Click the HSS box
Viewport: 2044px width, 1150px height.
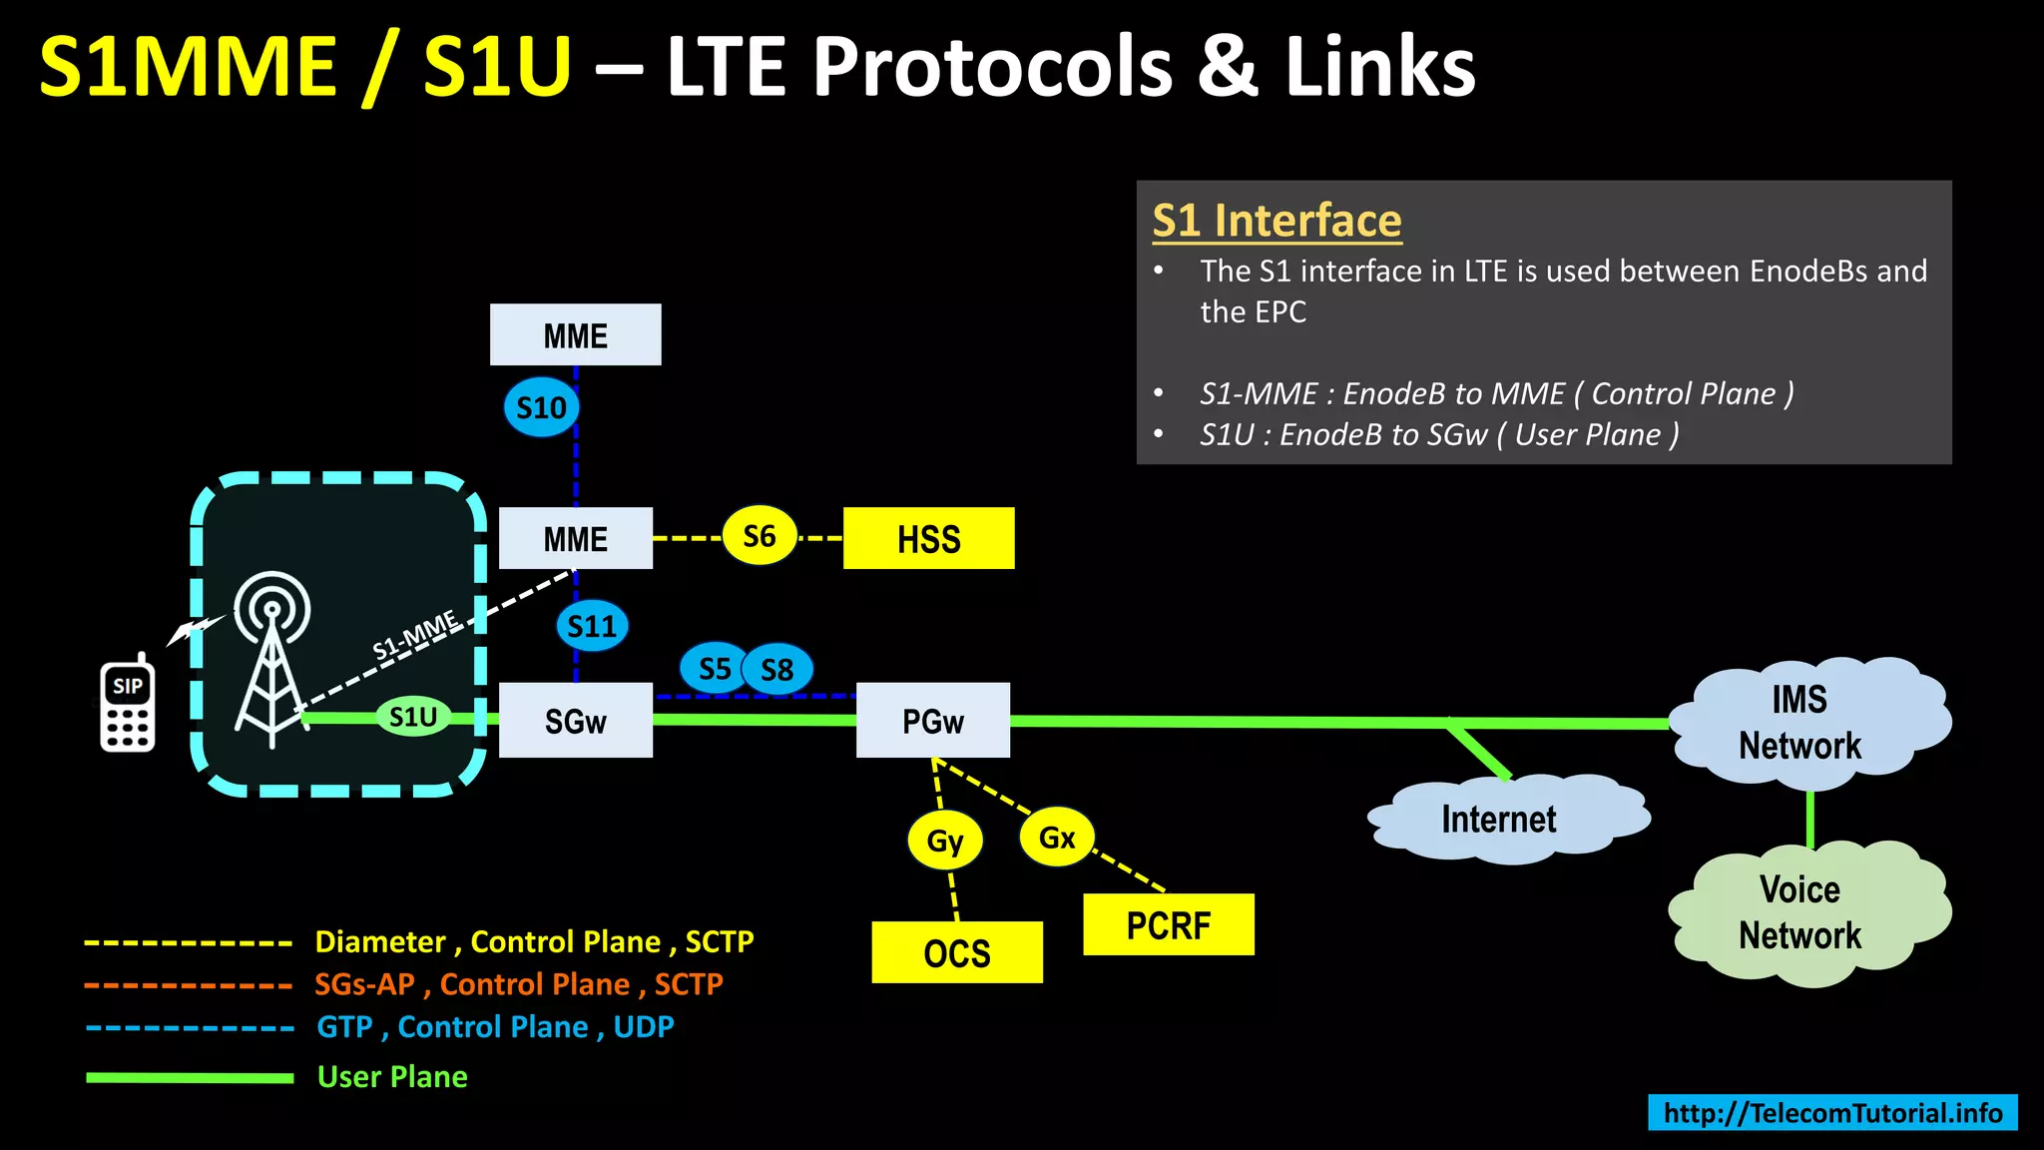point(928,538)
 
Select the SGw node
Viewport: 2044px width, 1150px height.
point(576,721)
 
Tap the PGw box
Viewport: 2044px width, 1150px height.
point(933,721)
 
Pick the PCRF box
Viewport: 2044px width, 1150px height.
point(1169,924)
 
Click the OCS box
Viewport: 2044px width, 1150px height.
point(957,952)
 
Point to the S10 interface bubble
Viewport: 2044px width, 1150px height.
point(541,407)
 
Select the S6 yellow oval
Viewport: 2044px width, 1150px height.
point(760,536)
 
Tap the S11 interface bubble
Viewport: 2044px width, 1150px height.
point(592,626)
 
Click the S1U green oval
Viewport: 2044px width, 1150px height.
point(413,716)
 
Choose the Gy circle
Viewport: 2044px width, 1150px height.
point(945,841)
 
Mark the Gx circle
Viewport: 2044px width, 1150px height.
point(1057,837)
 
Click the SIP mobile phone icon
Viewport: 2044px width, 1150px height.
point(128,706)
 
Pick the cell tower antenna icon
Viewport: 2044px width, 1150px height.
point(270,659)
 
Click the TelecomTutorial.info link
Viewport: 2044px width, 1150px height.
point(1832,1112)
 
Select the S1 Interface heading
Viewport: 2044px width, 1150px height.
point(1277,221)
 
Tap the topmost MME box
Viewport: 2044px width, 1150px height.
point(575,334)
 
